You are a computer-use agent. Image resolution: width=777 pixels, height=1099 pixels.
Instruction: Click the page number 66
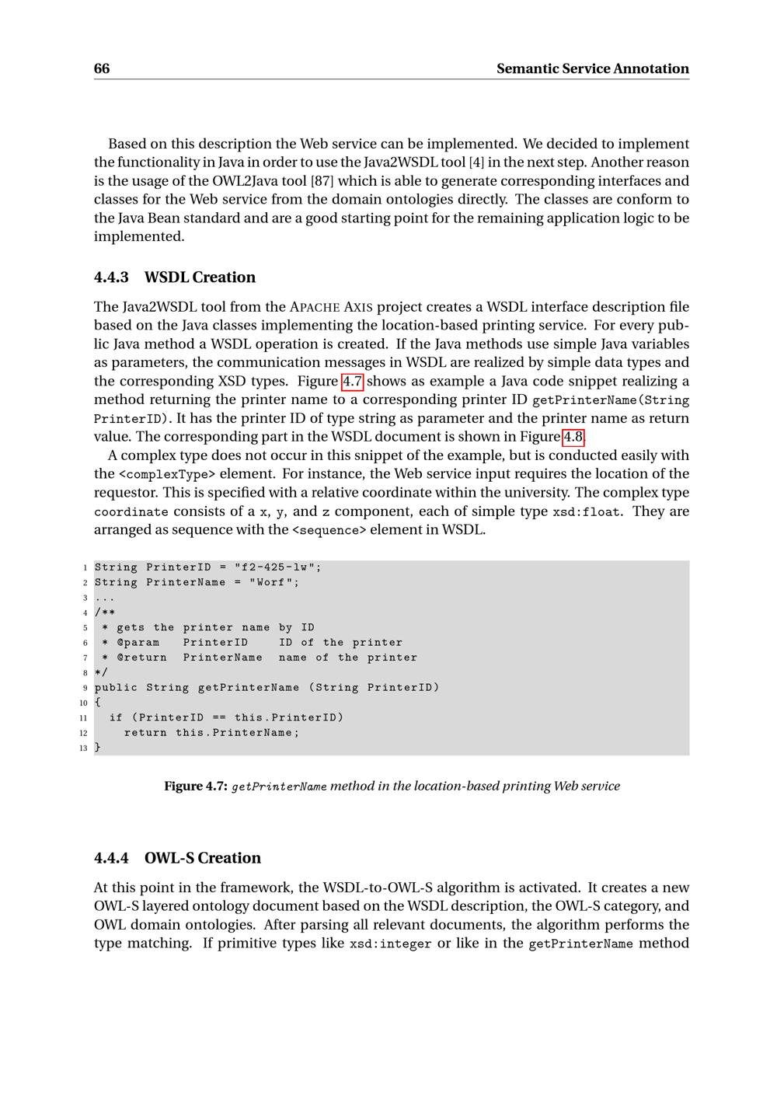(102, 68)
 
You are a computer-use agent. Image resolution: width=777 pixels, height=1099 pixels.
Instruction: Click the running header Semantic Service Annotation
(592, 68)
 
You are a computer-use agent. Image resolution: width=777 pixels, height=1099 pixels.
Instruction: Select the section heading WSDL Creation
(200, 277)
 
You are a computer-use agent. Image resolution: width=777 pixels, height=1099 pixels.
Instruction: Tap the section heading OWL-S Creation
(202, 858)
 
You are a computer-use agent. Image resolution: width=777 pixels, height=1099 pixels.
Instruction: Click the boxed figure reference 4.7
(353, 381)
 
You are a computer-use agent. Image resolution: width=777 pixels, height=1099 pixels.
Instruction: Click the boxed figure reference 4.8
(573, 437)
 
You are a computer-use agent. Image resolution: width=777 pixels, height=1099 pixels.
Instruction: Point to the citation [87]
(322, 181)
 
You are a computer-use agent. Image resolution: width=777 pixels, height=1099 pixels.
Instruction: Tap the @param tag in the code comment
(138, 643)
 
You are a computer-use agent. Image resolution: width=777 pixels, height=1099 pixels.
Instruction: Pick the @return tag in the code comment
(141, 658)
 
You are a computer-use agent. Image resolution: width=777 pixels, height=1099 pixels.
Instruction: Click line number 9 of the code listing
(84, 688)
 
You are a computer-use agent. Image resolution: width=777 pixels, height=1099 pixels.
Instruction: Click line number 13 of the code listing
(83, 748)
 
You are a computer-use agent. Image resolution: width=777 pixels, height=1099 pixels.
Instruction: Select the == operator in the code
(219, 717)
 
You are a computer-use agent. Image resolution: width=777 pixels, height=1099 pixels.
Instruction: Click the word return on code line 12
(145, 733)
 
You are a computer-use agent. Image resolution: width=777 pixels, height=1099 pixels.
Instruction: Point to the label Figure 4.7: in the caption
(195, 786)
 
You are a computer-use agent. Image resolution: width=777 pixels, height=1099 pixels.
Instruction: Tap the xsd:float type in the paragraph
(586, 511)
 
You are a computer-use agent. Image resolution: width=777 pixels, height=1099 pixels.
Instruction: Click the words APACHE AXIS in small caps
(332, 307)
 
